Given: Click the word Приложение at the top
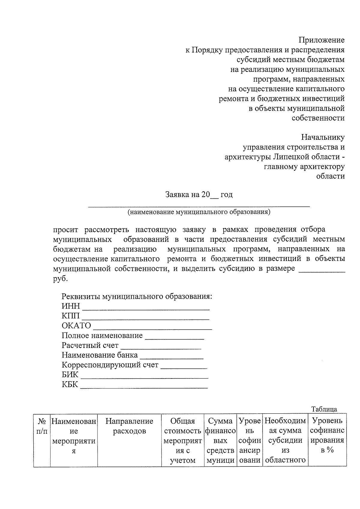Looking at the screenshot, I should pos(321,40).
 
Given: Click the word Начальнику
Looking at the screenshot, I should pos(323,137).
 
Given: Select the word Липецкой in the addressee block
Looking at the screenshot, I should pos(290,157).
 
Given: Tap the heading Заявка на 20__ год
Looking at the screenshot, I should pos(199,195).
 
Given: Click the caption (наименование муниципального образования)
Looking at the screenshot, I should pos(199,212).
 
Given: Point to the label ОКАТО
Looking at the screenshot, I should pos(76,326).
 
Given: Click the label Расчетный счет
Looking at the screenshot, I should pos(90,346).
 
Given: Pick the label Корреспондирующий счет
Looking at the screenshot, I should pos(110,365).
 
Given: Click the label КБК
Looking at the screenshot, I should pos(70,385).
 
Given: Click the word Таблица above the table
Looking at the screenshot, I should pos(324,409).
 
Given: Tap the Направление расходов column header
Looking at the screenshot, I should pos(129,426).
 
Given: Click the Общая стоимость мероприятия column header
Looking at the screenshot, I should pos(182,440).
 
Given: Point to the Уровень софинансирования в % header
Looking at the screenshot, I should pos(327,436).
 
